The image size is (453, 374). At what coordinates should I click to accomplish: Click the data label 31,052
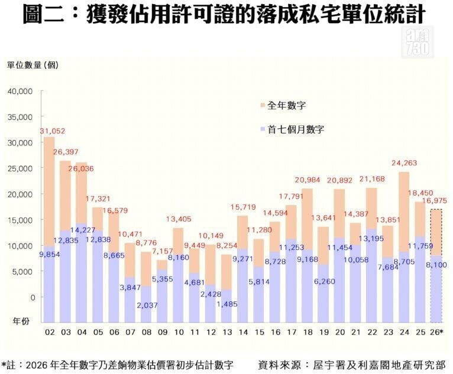click(x=52, y=131)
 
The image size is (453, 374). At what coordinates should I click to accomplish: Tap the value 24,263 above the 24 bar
click(x=404, y=163)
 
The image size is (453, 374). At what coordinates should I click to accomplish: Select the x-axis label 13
click(x=227, y=332)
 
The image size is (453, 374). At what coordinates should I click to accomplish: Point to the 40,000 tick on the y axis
click(x=20, y=91)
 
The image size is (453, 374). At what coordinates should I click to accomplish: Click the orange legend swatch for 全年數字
click(x=263, y=105)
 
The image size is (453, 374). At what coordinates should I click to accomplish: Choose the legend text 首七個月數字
click(x=296, y=129)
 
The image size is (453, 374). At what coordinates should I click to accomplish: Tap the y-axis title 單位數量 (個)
click(x=33, y=65)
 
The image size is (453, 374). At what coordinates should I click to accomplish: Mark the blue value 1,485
click(x=226, y=304)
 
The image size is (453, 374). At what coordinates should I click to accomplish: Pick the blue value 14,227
click(x=83, y=230)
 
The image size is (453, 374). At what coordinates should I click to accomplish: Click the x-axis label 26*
click(x=436, y=332)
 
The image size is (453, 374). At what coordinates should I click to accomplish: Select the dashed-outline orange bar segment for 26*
click(x=436, y=233)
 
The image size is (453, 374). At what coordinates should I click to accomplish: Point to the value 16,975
click(x=434, y=200)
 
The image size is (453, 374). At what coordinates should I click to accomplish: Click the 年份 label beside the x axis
click(x=21, y=321)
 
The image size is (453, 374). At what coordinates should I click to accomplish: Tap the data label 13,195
click(x=371, y=239)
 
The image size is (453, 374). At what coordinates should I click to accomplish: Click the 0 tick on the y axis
click(x=33, y=297)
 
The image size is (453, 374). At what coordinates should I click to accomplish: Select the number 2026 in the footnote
click(x=37, y=365)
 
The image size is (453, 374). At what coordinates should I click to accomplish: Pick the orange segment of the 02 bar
click(x=49, y=191)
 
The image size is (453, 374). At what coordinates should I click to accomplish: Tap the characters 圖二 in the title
click(x=43, y=14)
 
